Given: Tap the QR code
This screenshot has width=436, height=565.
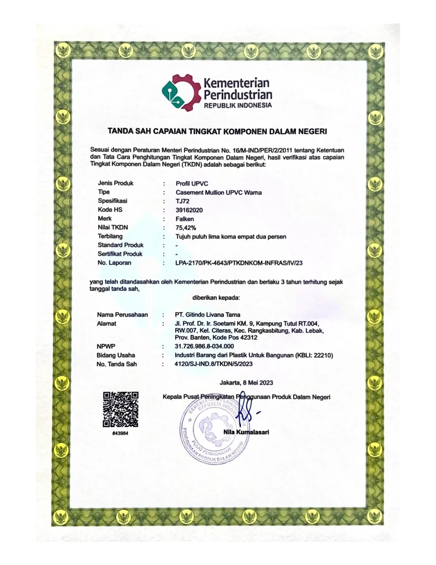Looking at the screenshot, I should pos(120,409).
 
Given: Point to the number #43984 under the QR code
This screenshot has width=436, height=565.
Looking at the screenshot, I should pos(120,434).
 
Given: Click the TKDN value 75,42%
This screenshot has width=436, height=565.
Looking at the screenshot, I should pos(185,227).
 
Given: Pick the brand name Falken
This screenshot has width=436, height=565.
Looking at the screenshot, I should pos(184,218).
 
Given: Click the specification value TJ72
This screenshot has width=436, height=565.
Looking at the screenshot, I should pos(181,201).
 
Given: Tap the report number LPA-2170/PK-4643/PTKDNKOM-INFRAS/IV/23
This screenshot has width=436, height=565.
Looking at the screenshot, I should pos(245,263).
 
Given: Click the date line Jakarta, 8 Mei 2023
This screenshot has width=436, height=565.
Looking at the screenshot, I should pos(246,382).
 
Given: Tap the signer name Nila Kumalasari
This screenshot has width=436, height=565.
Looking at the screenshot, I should pos(246,431).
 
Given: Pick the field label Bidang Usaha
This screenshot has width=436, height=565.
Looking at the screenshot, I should pos(116,355).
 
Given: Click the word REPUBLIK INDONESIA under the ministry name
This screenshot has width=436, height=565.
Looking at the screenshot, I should pos(238,105).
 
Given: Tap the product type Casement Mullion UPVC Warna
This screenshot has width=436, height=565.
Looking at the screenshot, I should pos(219,192).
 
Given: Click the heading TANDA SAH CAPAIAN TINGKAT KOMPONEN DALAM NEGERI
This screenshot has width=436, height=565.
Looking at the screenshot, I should pos(218,131).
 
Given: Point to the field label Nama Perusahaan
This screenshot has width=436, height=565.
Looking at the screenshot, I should pos(122,314).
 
